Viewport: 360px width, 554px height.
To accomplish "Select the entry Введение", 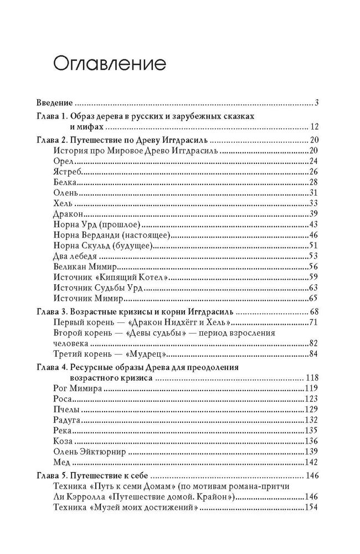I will (x=54, y=102).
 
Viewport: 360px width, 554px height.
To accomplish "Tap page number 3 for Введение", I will (x=314, y=102).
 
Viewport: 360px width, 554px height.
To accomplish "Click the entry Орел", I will (x=64, y=161).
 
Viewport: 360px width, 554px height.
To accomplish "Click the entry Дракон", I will (x=70, y=214).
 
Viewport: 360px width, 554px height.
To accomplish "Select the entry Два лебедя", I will (x=77, y=256).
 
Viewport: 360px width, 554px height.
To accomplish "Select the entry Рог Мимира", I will (x=78, y=388).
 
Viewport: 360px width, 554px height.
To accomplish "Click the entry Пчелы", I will (x=66, y=409).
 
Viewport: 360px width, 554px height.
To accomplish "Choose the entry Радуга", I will (x=68, y=420).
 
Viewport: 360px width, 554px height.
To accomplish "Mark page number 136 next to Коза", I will (x=310, y=441).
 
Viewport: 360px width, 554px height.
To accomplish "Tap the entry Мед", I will (x=61, y=462).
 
